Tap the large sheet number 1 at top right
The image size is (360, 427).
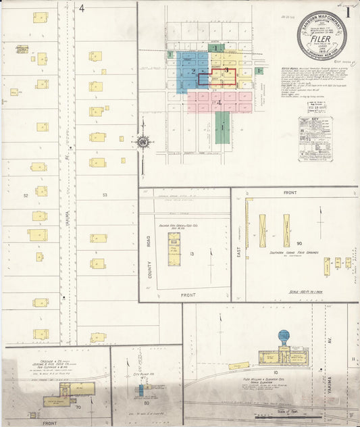(x=348, y=11)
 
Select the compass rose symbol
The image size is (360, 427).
(x=143, y=142)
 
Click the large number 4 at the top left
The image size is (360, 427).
(x=82, y=9)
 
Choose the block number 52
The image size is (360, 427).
(x=26, y=195)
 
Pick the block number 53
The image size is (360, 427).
(x=105, y=195)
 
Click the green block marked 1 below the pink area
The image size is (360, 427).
(x=222, y=127)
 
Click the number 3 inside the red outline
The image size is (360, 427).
(x=226, y=70)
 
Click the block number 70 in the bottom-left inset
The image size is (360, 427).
(x=78, y=407)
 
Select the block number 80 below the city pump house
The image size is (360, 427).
(x=145, y=404)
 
